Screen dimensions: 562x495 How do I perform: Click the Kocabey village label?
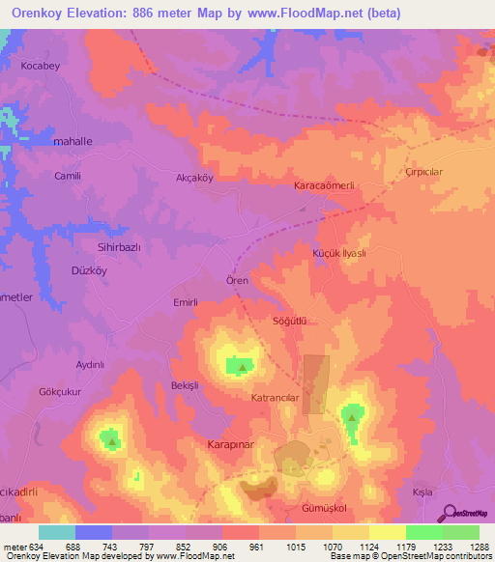point(41,67)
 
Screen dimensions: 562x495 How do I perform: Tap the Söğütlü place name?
point(290,320)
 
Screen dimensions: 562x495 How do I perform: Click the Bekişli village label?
point(184,384)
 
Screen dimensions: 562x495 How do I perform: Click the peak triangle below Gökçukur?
point(112,442)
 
